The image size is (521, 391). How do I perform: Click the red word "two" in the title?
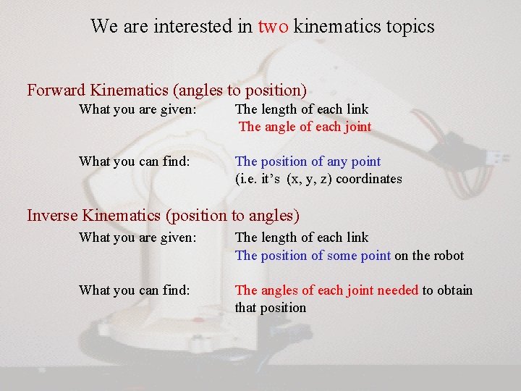coord(274,27)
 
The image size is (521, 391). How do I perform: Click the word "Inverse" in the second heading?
coord(52,215)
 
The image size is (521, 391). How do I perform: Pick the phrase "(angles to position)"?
coord(240,91)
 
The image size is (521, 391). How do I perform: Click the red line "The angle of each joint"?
coord(305,127)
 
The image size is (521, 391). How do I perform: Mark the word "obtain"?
coord(454,290)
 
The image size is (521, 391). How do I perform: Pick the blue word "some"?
coord(348,255)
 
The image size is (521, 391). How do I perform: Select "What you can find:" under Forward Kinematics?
coord(135,161)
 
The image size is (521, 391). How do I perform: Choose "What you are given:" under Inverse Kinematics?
coord(137,237)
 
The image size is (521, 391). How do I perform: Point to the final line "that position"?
coord(270,308)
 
